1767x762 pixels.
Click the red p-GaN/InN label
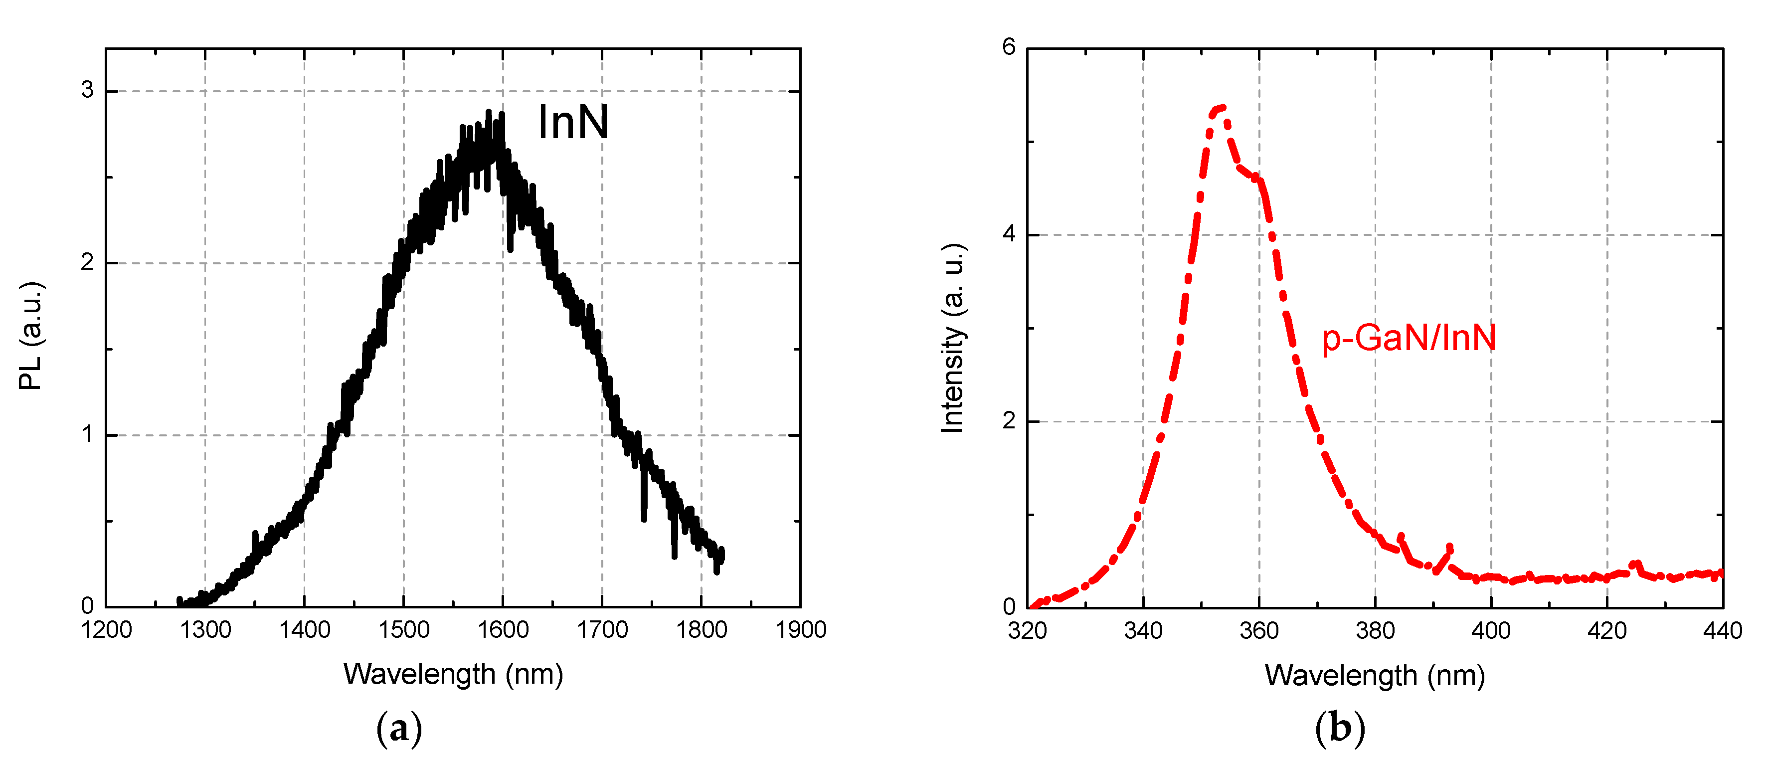tap(1408, 338)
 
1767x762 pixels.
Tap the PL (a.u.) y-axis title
tap(31, 336)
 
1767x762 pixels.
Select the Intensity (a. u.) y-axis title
tap(952, 338)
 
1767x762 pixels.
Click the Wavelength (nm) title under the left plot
tap(453, 674)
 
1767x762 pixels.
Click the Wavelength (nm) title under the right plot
tap(1375, 676)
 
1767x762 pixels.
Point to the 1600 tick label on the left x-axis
tap(503, 630)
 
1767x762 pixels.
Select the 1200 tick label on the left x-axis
tap(106, 630)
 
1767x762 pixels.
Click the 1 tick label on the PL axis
tap(87, 434)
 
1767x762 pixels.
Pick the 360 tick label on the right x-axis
tap(1259, 631)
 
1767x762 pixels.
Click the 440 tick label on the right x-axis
tap(1722, 631)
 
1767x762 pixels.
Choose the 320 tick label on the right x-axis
tap(1027, 631)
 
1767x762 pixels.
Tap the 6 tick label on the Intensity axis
tap(1008, 47)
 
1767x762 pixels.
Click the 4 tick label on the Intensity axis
tap(1008, 234)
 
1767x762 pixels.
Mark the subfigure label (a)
tap(399, 729)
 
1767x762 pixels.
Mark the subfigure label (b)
tap(1340, 729)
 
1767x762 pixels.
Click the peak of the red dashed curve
tap(1221, 108)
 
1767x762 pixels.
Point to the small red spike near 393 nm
tap(1449, 548)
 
